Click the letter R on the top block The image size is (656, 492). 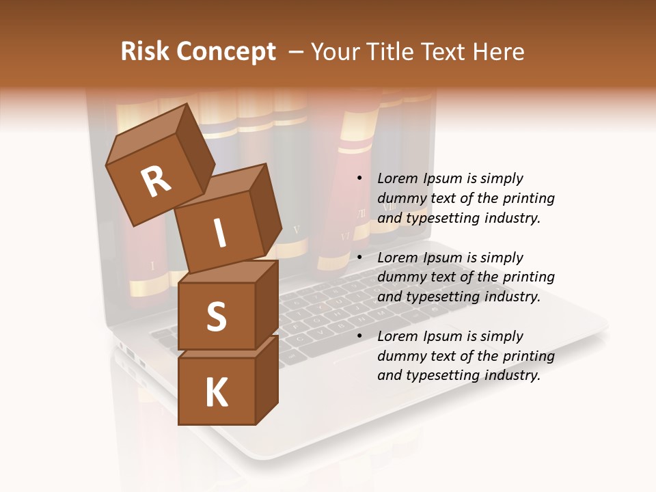click(x=156, y=181)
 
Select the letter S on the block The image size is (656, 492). click(x=216, y=316)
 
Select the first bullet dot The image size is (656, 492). click(x=359, y=178)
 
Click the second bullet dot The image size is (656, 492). click(x=359, y=258)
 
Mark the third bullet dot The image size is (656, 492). click(x=359, y=336)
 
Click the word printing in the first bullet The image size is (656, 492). click(x=528, y=199)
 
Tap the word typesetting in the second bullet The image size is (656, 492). click(x=443, y=297)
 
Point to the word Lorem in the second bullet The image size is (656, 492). click(x=398, y=258)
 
